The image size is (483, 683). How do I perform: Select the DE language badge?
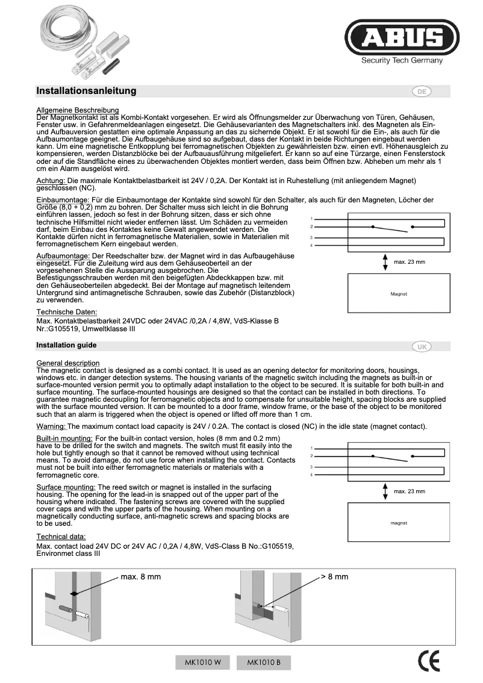coord(422,92)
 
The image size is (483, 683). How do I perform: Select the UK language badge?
coord(422,346)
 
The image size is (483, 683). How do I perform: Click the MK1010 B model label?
coord(264,663)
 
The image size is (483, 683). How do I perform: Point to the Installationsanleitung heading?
coord(86,91)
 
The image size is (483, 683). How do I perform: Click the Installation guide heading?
coord(66,346)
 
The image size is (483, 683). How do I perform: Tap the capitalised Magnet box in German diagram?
coord(399,294)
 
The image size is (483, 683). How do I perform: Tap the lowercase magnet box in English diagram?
coord(399,523)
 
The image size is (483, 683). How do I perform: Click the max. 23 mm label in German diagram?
coord(410,262)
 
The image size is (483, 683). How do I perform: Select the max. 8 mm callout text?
coord(140,576)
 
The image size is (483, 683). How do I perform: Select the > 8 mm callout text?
coord(334,576)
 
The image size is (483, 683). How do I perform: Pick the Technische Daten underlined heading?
coord(66,312)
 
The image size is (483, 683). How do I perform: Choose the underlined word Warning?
coord(51,426)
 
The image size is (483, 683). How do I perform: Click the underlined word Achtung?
coord(51,181)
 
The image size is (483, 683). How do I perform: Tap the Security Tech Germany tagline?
coord(402,60)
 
